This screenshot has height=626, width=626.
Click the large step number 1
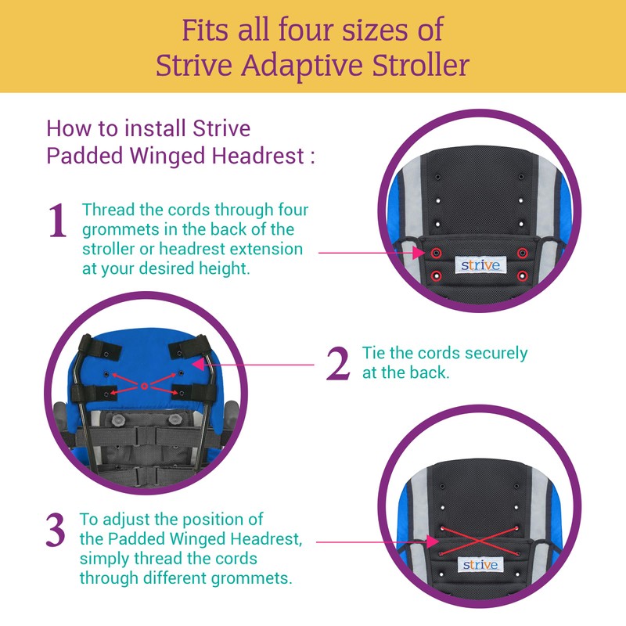pos(57,221)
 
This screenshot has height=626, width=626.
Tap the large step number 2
pos(338,363)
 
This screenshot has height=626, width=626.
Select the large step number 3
pos(56,530)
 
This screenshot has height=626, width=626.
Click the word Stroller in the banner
pos(420,65)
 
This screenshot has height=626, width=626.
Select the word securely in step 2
pos(496,354)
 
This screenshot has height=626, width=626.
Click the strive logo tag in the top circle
pos(480,265)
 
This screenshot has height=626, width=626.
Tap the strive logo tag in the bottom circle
pos(480,564)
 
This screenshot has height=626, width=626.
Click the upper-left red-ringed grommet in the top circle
pos(437,253)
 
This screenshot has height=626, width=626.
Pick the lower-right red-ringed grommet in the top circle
pos(522,275)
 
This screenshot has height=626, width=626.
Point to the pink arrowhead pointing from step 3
pos(433,541)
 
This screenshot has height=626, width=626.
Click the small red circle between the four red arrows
pos(145,386)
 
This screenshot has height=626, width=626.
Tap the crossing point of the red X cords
pos(479,541)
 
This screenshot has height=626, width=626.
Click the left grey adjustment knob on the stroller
pos(117,420)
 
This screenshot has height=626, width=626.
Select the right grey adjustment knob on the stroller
pos(174,419)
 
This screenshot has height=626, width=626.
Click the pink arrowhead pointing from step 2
pos(199,364)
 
